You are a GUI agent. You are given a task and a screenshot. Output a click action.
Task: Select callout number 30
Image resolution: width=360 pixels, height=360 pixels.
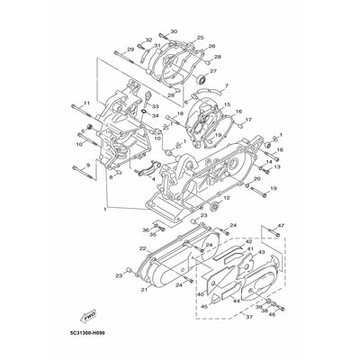[x=174, y=31]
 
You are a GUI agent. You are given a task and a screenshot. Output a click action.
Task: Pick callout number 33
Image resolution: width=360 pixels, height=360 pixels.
[x=155, y=106]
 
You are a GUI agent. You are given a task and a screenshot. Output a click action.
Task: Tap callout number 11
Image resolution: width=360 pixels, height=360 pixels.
[x=87, y=104]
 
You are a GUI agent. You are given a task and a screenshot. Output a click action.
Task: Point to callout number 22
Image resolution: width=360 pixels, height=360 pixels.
[x=143, y=247]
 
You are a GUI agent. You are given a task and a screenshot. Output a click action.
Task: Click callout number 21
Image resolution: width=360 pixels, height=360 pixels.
[x=142, y=291]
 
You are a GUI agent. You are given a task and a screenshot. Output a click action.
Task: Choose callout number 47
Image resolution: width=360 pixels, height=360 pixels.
[x=280, y=225]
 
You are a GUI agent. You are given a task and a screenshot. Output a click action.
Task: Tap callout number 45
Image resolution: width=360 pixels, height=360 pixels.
[x=204, y=307]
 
